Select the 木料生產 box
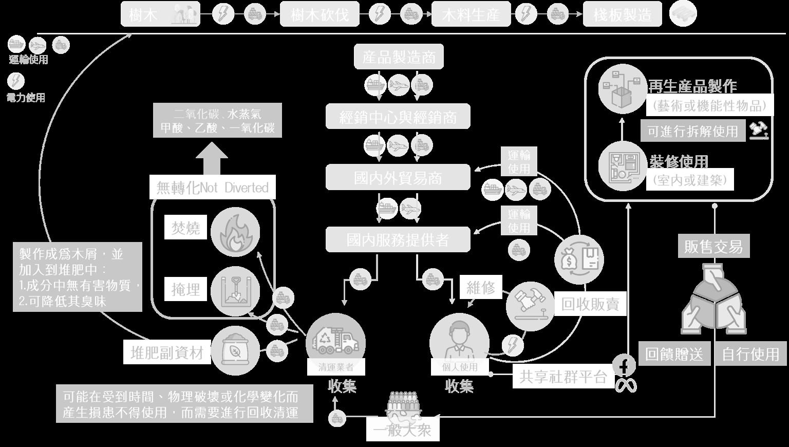(471, 14)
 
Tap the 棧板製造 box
(623, 14)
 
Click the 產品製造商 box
(399, 57)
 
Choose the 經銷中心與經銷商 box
(398, 117)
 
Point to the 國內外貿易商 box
(398, 178)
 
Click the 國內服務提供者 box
(398, 239)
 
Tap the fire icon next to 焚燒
(235, 232)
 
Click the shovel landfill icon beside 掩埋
(235, 290)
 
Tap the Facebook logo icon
(625, 366)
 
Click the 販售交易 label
(713, 247)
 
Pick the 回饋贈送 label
(674, 353)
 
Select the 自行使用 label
(750, 353)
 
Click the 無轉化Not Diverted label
(213, 188)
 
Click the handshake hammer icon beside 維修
(530, 304)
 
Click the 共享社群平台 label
(563, 377)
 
